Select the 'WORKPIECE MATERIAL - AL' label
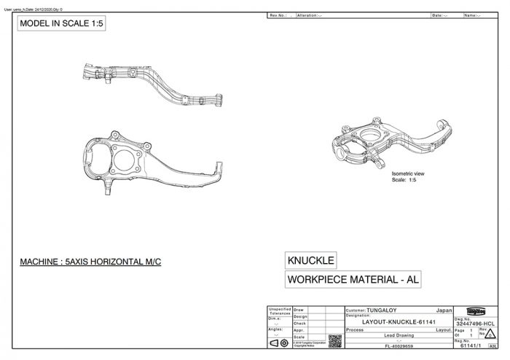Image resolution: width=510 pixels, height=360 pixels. [354, 278]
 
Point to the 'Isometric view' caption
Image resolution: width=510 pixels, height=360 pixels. [407, 173]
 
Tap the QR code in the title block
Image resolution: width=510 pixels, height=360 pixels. [335, 340]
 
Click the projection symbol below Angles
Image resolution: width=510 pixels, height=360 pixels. [278, 343]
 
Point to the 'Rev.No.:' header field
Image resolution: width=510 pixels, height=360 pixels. [280, 15]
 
